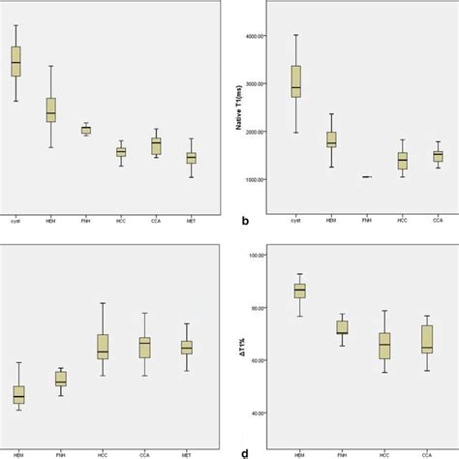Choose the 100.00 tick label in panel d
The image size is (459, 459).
tap(257, 256)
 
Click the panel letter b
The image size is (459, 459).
tap(245, 222)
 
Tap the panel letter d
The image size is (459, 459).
tap(245, 451)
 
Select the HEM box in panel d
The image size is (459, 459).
tap(299, 291)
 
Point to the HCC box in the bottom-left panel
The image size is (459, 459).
tap(103, 347)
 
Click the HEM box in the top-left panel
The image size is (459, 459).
tap(50, 109)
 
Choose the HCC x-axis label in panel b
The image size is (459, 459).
tap(402, 221)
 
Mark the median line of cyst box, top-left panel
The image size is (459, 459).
tap(15, 61)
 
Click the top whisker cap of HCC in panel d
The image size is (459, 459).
tap(384, 311)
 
